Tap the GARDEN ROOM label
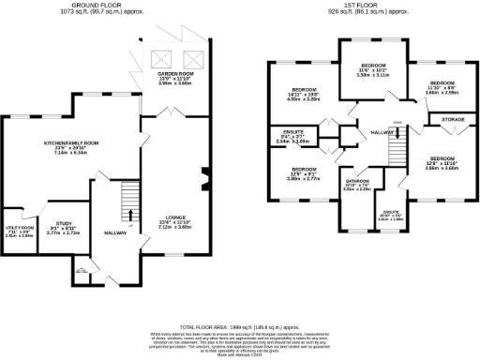coord(174,73)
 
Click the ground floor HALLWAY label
coord(114,232)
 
